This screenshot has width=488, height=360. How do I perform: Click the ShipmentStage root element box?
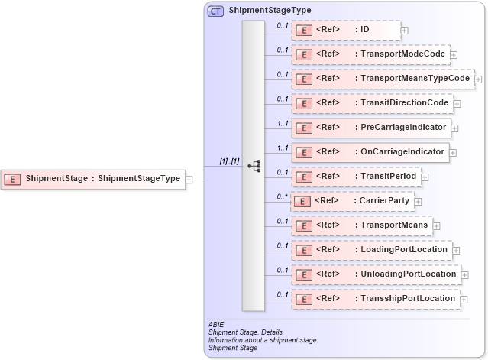point(93,179)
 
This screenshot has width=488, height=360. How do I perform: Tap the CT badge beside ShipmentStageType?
point(215,11)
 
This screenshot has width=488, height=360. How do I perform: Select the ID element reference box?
point(346,30)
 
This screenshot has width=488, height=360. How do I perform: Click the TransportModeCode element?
point(370,54)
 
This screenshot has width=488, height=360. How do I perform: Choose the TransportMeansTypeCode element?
point(383,79)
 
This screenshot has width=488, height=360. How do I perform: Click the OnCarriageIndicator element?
point(370,152)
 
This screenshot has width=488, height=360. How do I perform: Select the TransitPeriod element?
point(356,177)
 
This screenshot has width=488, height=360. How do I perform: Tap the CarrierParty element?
point(353,201)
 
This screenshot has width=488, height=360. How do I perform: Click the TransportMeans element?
point(360,225)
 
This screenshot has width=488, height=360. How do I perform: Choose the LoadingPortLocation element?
point(372,249)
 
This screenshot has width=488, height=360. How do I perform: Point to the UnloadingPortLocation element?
point(376,274)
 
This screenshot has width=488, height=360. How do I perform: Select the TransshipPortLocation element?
point(377,298)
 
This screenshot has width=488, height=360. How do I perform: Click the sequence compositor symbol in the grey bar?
point(254,166)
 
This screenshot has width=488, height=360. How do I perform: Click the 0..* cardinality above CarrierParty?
point(282,196)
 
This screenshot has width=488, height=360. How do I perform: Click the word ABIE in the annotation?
point(216,325)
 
